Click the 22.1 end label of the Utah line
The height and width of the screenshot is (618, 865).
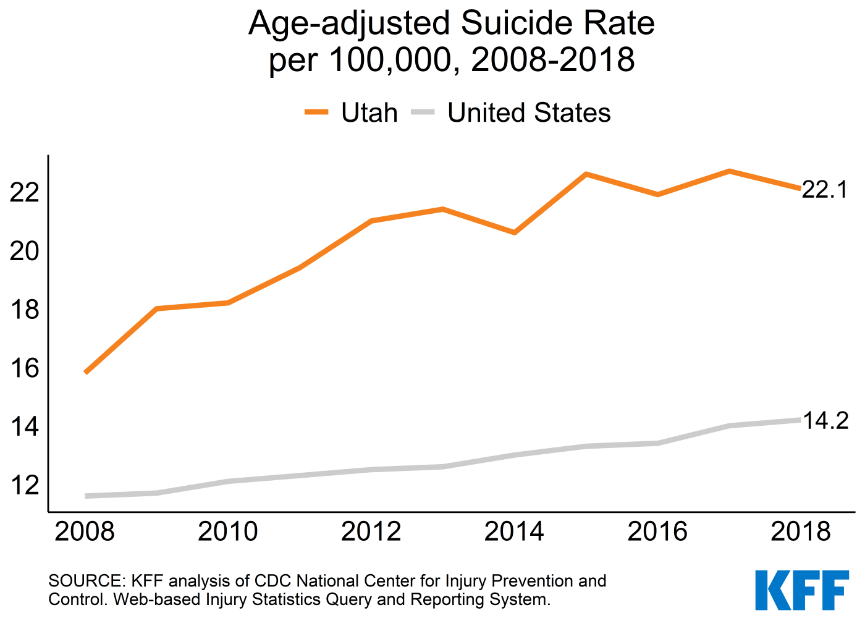point(824,190)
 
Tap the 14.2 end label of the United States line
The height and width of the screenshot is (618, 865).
point(825,420)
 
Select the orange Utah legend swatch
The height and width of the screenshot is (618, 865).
point(316,112)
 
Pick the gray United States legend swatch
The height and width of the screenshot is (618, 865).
point(423,112)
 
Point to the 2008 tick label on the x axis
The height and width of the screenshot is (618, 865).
point(85,531)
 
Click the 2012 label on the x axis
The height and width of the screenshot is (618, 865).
point(371,531)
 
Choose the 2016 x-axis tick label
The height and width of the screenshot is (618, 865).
point(657,531)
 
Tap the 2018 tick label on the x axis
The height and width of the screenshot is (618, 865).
point(801,531)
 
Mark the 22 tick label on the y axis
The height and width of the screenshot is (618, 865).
point(24,192)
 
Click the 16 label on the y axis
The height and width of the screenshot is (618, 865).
point(24,368)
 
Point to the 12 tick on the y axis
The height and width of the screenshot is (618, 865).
point(24,485)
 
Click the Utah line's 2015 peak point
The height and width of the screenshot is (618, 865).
point(586,174)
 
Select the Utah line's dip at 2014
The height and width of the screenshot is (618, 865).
point(514,232)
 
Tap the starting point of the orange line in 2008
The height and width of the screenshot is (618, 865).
point(85,373)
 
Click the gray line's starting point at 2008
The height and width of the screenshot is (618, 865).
point(85,496)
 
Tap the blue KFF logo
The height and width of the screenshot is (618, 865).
point(802,590)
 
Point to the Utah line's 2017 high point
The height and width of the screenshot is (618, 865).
point(729,171)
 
